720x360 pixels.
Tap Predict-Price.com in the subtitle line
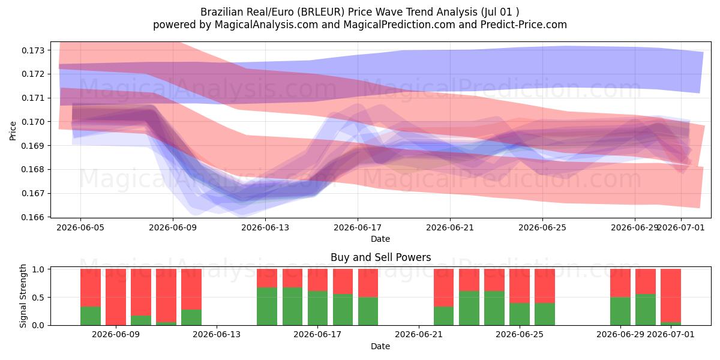(524, 25)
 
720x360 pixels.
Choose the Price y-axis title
(13, 131)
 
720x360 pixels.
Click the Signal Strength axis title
(23, 296)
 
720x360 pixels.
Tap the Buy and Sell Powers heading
(380, 257)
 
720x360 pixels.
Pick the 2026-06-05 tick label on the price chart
(80, 228)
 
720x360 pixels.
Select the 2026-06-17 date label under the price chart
(358, 228)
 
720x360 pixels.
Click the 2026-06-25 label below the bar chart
(520, 335)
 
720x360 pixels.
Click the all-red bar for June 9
(116, 297)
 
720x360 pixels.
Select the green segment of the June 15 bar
(267, 307)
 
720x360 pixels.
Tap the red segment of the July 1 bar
(671, 295)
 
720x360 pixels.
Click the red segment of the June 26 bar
(545, 286)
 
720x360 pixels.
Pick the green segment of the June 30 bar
(646, 310)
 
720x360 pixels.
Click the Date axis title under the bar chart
(380, 346)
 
